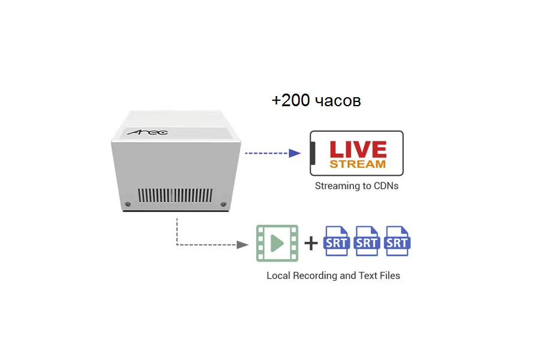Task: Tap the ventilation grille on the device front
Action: point(176,195)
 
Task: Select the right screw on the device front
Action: point(223,204)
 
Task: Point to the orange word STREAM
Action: point(358,163)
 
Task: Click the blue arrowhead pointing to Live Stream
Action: point(294,153)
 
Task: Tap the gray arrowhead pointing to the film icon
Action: point(242,245)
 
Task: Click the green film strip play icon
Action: point(277,243)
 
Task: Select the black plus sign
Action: point(311,243)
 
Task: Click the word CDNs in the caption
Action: point(385,186)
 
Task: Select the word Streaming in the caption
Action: point(337,186)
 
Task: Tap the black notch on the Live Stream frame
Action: point(313,153)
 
